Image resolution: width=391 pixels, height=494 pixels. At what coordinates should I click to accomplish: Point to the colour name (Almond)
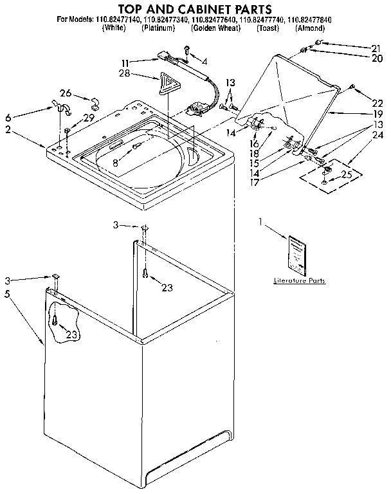click(310, 28)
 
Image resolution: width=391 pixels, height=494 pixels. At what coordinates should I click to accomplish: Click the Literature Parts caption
click(299, 280)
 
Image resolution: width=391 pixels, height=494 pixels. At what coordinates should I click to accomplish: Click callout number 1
click(260, 223)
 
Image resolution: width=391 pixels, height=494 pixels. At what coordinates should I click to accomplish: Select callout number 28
click(125, 75)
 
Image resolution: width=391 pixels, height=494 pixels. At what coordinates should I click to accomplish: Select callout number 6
click(8, 117)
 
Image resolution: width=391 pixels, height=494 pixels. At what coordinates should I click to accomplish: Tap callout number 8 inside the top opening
click(115, 164)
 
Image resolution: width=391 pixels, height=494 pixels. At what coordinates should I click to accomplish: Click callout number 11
click(125, 63)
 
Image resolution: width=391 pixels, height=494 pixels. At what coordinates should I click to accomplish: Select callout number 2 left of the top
click(8, 130)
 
